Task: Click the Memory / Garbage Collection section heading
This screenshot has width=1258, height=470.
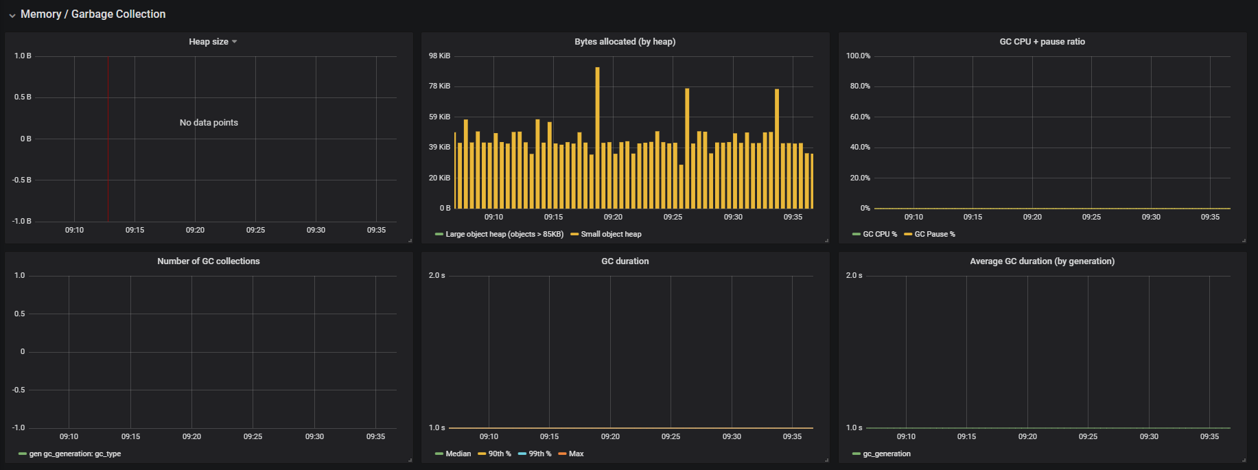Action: click(x=93, y=14)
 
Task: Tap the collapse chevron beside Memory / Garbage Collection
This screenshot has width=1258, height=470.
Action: click(x=12, y=15)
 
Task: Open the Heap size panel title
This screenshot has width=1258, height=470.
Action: click(x=209, y=42)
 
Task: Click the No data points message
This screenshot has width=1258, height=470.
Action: click(x=209, y=123)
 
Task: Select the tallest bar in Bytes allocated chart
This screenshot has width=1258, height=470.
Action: click(x=597, y=137)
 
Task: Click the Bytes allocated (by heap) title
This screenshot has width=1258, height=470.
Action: click(x=625, y=42)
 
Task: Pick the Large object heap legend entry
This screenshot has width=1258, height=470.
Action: click(x=504, y=235)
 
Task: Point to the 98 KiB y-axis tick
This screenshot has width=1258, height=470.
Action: click(x=440, y=56)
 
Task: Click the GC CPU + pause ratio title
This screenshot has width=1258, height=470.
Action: click(x=1042, y=42)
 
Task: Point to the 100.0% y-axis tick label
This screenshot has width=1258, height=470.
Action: click(x=858, y=56)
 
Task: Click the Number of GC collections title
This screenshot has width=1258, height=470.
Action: click(x=209, y=261)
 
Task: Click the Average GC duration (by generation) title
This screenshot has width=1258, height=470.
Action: click(x=1042, y=261)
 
